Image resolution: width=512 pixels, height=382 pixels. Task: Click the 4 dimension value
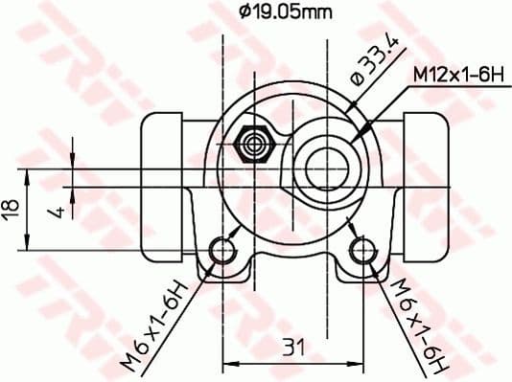pos(58,208)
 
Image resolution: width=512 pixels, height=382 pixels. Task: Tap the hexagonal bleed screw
pos(255,144)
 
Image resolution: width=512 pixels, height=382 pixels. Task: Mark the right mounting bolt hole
pos(361,251)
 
